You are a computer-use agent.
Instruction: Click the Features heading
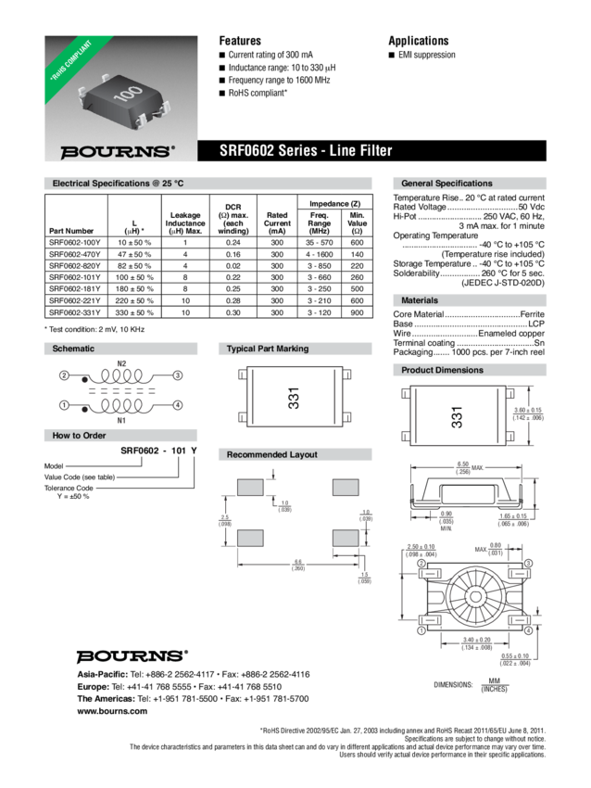[x=240, y=41]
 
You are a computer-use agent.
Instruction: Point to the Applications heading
[x=418, y=41]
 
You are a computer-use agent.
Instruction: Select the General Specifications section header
[x=446, y=184]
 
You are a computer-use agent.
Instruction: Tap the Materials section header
[x=419, y=300]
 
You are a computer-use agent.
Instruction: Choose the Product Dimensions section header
[x=441, y=370]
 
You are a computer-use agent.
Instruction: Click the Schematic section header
[x=73, y=349]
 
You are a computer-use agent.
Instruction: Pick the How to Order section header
[x=78, y=434]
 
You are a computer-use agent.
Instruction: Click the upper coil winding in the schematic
[x=119, y=375]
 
